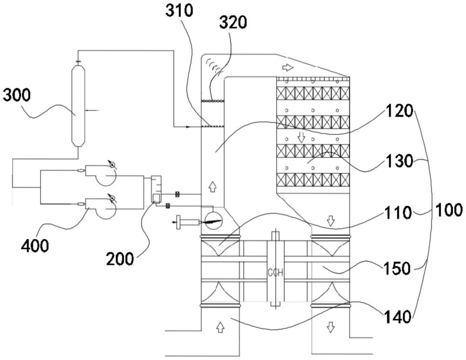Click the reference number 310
[x=180, y=10]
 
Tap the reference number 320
[x=233, y=22]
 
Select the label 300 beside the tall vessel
[x=17, y=96]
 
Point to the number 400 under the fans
[x=35, y=246]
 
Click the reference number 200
[x=120, y=259]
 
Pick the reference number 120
[x=399, y=111]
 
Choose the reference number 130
[x=399, y=161]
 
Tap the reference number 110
[x=397, y=213]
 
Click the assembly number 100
[x=449, y=210]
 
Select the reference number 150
[x=397, y=268]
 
